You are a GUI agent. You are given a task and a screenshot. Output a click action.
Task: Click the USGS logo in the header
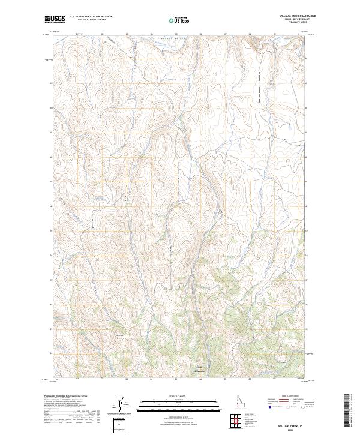(x=55, y=19)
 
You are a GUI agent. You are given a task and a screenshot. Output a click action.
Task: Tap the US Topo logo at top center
(x=181, y=20)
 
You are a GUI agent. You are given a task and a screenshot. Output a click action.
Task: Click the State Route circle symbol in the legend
(x=303, y=407)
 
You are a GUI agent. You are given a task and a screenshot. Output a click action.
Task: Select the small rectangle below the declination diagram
(x=122, y=424)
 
